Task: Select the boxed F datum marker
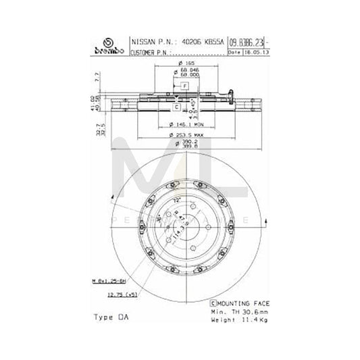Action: (184, 86)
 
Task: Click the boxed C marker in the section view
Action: (176, 107)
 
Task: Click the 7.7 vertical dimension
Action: (97, 80)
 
